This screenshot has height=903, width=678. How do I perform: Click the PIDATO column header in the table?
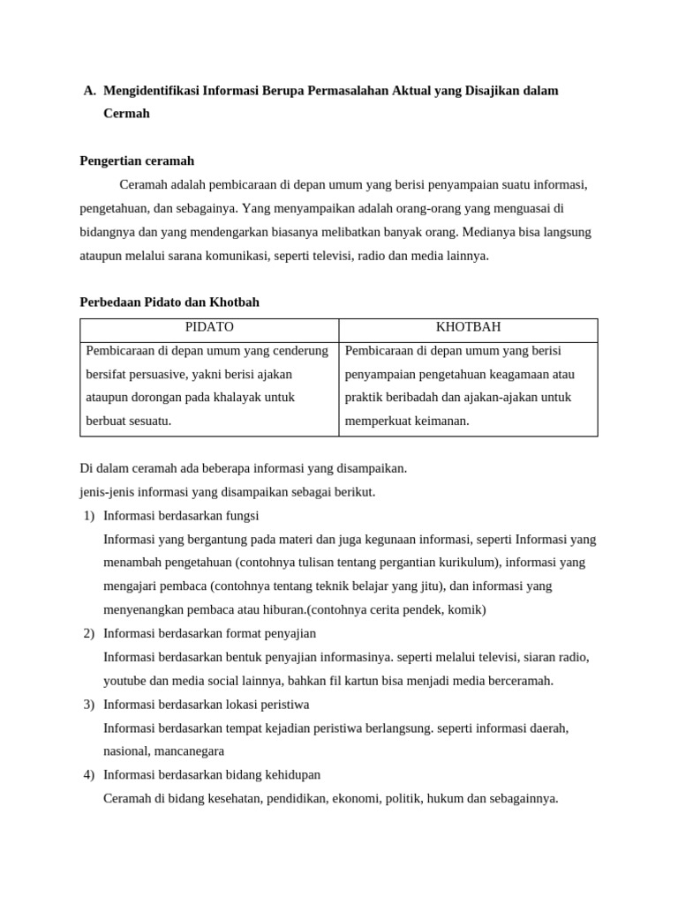(x=209, y=327)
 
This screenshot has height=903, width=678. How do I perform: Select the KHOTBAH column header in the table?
(x=468, y=327)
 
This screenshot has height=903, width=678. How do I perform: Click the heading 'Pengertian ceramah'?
(x=137, y=161)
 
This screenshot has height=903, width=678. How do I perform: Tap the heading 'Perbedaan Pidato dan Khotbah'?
(x=169, y=302)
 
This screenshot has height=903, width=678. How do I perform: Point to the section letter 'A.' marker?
(x=89, y=91)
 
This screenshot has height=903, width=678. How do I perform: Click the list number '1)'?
(x=89, y=516)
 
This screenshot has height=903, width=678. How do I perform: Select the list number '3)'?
(x=89, y=705)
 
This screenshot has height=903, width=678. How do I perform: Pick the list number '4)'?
(x=89, y=775)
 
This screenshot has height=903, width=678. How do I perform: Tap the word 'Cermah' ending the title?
(x=126, y=114)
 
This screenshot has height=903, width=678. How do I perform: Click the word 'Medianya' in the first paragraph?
(x=486, y=233)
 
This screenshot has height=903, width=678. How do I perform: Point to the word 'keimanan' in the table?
(x=439, y=422)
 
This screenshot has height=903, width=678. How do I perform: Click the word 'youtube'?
(x=125, y=681)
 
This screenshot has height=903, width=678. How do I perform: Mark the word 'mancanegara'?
(x=189, y=751)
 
